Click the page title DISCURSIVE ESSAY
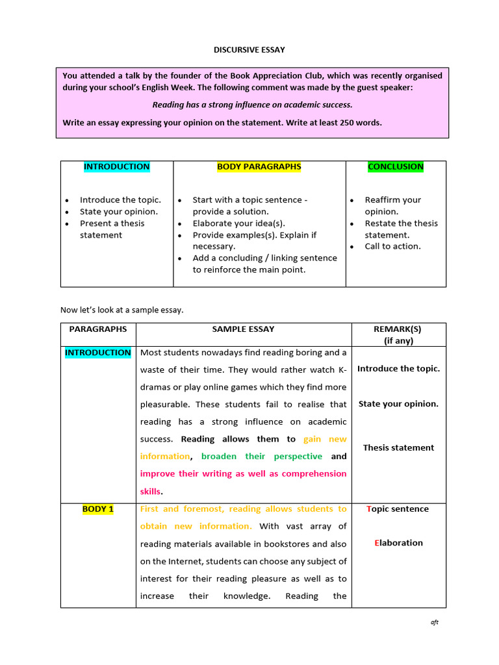point(249,49)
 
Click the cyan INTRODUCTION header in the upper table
point(116,167)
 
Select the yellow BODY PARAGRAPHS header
point(259,167)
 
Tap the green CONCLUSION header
point(395,167)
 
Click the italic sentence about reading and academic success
point(252,105)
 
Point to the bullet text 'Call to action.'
point(392,246)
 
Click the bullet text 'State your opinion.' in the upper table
point(118,212)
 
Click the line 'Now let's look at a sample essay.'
point(122,310)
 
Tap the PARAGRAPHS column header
point(98,329)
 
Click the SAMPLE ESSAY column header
point(243,329)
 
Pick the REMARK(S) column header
point(398,329)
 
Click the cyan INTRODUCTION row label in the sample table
point(97,353)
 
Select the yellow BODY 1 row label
point(98,509)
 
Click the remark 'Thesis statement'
point(398,447)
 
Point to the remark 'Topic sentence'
point(398,509)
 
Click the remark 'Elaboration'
point(398,543)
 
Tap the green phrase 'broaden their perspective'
point(261,457)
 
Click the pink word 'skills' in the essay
point(151,492)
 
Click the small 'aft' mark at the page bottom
point(435,622)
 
